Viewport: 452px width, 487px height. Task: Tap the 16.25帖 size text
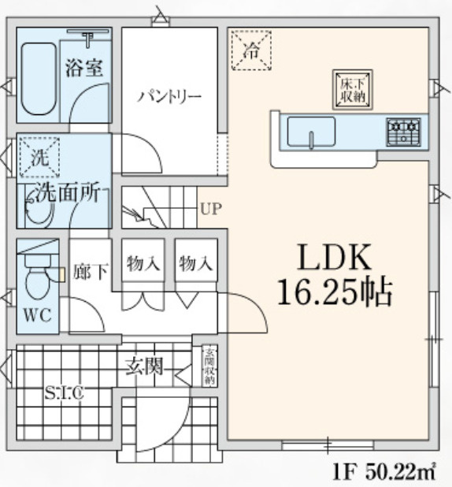(334, 295)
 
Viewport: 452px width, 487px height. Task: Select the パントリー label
(169, 97)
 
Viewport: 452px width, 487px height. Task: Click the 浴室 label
(85, 67)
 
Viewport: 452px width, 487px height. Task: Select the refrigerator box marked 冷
(250, 51)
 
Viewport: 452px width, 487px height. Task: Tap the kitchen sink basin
(312, 131)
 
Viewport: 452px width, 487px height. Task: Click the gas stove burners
(403, 132)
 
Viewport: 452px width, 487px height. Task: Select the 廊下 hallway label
(91, 273)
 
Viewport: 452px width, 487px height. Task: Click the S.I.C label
(64, 392)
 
